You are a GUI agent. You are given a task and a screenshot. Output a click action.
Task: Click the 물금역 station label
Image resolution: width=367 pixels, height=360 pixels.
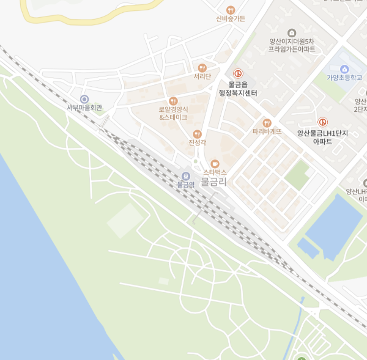click(x=185, y=184)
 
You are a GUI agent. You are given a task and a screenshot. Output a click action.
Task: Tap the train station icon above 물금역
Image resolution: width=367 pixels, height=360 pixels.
click(x=186, y=176)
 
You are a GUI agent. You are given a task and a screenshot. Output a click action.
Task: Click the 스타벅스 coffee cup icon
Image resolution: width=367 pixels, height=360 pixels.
click(x=215, y=164)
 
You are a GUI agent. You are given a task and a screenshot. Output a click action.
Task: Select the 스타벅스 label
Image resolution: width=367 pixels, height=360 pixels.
click(x=215, y=173)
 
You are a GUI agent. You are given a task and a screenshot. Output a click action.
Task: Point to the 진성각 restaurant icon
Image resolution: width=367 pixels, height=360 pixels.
click(x=197, y=134)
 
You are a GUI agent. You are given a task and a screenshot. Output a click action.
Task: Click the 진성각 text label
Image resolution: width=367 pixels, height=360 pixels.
click(x=197, y=143)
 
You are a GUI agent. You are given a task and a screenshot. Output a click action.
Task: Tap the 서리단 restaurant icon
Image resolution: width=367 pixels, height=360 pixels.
click(x=202, y=68)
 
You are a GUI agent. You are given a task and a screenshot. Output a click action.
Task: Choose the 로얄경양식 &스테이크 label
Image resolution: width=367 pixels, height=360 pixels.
click(x=173, y=113)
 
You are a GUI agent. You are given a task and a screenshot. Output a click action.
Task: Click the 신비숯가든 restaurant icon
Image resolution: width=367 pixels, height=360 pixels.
click(x=231, y=10)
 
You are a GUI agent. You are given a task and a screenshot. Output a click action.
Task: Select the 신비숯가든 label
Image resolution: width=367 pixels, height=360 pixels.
click(x=231, y=19)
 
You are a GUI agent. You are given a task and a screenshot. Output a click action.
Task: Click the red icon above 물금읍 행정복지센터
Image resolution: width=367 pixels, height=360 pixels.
click(x=238, y=74)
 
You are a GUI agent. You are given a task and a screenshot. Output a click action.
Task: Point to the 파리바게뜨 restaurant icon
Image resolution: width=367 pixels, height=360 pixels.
click(x=267, y=123)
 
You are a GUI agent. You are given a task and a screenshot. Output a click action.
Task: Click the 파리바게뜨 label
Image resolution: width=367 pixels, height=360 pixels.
click(x=267, y=131)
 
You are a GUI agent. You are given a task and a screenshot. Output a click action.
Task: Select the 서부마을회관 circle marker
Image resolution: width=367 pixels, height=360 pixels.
click(x=84, y=99)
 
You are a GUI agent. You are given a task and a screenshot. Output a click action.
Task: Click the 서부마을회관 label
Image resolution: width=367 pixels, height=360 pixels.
click(x=84, y=108)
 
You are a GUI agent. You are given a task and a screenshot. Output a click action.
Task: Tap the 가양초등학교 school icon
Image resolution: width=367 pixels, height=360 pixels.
click(x=344, y=69)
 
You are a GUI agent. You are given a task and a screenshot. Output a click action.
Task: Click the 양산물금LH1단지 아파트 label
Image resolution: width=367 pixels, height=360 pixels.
click(x=322, y=137)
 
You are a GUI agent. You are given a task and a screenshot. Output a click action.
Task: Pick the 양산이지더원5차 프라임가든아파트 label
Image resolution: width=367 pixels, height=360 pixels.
click(x=292, y=45)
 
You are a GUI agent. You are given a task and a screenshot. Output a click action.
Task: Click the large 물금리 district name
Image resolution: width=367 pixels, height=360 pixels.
click(x=214, y=182)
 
